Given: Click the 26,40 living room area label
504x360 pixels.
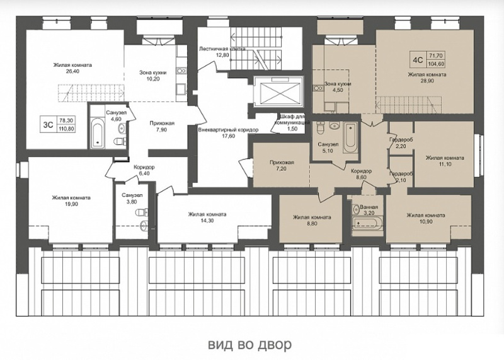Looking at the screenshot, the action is click(x=72, y=68).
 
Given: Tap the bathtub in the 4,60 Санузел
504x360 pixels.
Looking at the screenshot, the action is click(x=97, y=133).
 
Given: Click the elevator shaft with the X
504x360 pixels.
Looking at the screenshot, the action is click(x=278, y=91).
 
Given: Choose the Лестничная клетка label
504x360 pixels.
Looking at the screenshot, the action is click(x=222, y=52).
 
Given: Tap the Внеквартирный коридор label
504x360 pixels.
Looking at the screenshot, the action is click(x=228, y=133).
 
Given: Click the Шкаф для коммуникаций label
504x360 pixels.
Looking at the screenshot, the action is click(x=292, y=122).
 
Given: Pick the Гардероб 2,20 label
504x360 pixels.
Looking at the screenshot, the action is click(x=401, y=143).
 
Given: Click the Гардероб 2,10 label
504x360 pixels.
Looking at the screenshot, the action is click(x=401, y=177).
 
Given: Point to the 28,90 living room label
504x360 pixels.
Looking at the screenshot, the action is click(x=427, y=78).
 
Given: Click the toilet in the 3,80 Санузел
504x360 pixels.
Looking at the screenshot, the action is click(x=142, y=212).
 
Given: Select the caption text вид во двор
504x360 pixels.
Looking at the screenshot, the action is click(x=250, y=344).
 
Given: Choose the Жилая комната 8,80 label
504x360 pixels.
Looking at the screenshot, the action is click(x=312, y=221).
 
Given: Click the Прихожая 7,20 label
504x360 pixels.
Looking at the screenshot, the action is click(x=282, y=165).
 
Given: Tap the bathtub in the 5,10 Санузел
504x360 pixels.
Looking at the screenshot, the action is click(x=350, y=137).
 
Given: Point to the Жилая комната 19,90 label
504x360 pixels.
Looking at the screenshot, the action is click(x=71, y=200).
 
